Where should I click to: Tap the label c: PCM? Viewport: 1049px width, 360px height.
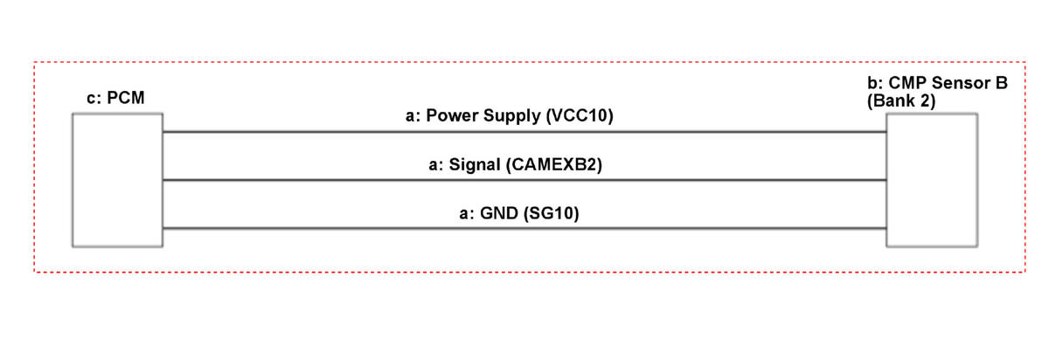click(115, 98)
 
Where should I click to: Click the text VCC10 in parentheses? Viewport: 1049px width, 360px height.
click(580, 115)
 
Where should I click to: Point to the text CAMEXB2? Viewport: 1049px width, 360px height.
click(554, 165)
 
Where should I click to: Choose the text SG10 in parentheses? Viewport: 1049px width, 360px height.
click(552, 213)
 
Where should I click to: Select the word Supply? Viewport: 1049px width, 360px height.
click(512, 116)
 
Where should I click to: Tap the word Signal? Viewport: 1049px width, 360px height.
click(475, 165)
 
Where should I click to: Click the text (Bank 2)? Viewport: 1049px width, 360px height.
click(901, 100)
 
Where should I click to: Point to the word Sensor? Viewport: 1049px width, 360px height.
click(959, 83)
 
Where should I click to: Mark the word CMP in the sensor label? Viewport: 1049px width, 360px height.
click(908, 83)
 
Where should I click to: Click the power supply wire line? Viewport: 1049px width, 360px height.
click(524, 132)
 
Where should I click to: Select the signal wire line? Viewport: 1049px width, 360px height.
click(524, 180)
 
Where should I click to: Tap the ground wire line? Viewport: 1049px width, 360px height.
click(524, 228)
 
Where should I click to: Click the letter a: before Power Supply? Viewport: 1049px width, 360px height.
click(413, 116)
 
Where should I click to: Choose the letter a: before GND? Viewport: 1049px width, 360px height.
click(468, 214)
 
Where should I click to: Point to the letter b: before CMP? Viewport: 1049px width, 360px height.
click(875, 83)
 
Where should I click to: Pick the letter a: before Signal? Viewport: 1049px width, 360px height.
click(436, 165)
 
